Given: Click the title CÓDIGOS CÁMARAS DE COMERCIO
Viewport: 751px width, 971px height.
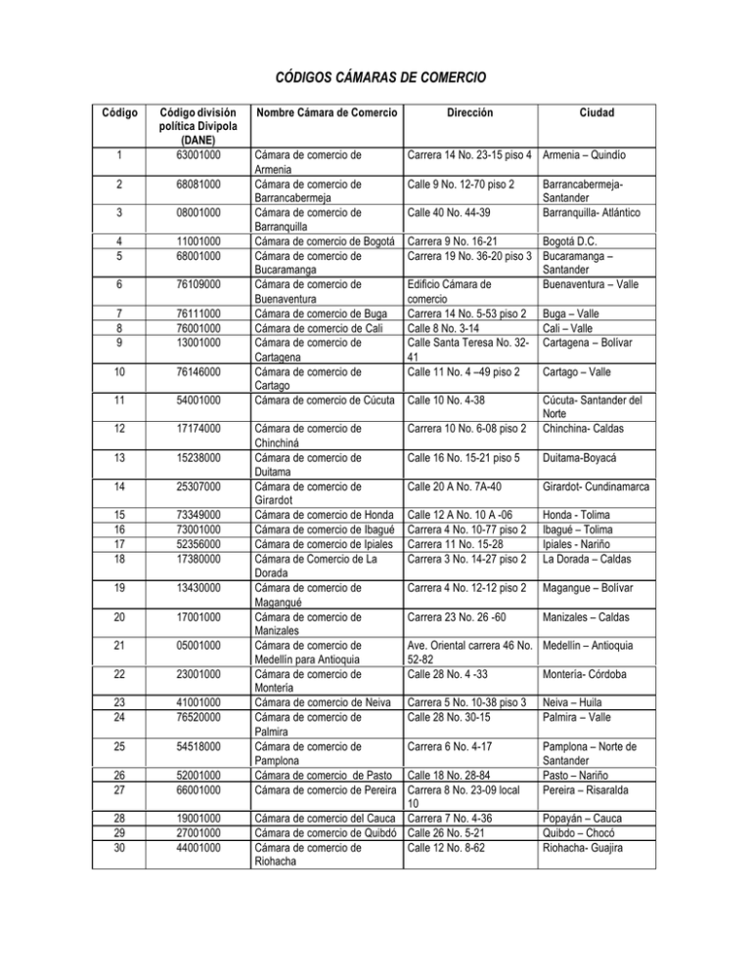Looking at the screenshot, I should point(375,77).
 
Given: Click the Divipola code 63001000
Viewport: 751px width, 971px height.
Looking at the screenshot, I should point(204,154).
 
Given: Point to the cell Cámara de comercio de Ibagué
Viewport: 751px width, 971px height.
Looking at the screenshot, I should point(324,526).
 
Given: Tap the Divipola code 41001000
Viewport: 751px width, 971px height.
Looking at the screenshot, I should point(204,702).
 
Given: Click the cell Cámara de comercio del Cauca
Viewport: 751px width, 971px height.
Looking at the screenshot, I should point(324,817).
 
